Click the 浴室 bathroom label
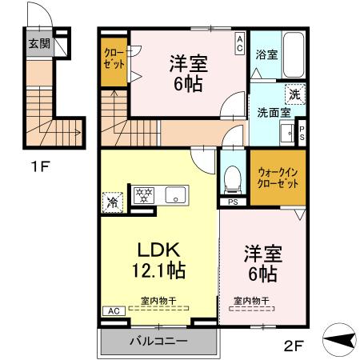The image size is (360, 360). (x=266, y=55)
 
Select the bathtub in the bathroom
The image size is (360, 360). (x=294, y=55)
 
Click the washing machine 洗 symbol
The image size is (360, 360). (x=294, y=94)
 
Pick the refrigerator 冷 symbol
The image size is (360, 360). (x=112, y=201)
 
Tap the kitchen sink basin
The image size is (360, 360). (x=174, y=194)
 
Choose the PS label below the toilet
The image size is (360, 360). (x=233, y=202)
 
